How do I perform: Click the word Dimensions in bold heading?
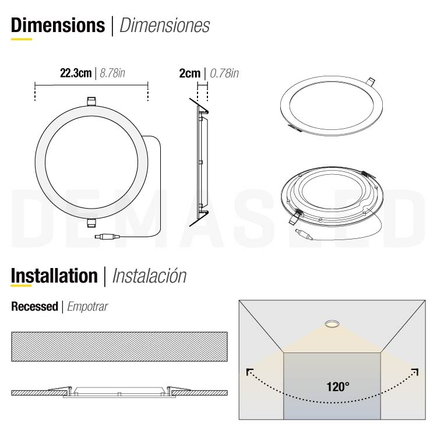[x=58, y=25]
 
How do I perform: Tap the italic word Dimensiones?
[x=164, y=26]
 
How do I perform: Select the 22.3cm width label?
[x=76, y=73]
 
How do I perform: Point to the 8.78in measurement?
[x=113, y=73]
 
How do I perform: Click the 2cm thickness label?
[x=189, y=73]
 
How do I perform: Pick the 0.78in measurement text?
[x=224, y=73]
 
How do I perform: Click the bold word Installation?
[x=54, y=276]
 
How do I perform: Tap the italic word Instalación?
[x=149, y=276]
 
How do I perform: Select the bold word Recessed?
[x=34, y=306]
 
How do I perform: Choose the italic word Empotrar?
[x=87, y=306]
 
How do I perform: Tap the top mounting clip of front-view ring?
[x=91, y=101]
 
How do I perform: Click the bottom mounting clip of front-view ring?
[x=91, y=222]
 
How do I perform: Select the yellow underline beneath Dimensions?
[x=22, y=40]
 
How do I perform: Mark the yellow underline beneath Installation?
[x=22, y=287]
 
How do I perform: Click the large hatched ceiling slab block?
[x=119, y=347]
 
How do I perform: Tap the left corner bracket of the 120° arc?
[x=249, y=371]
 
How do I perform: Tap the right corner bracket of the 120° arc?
[x=415, y=371]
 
